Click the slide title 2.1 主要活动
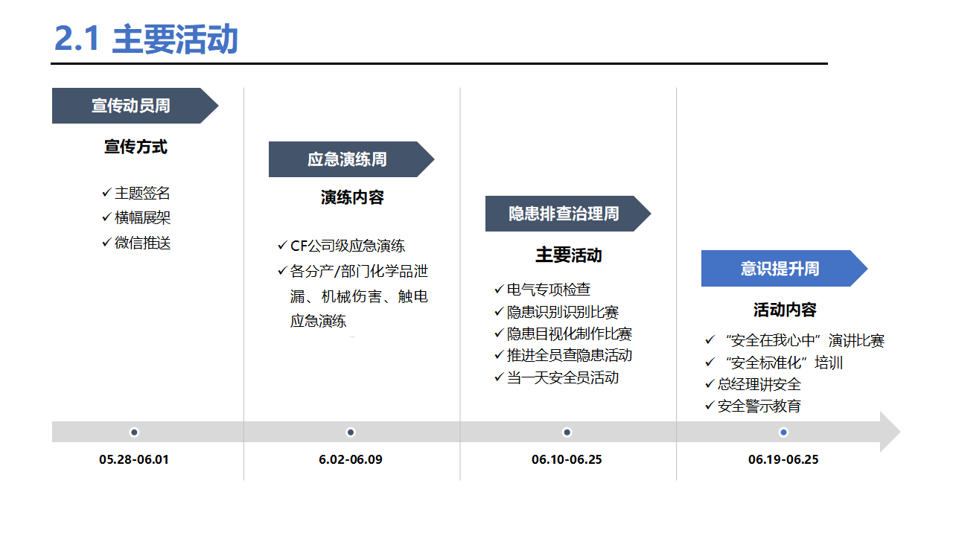[146, 39]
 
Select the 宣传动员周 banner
[136, 106]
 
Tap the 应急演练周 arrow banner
[351, 159]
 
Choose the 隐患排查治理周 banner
[568, 214]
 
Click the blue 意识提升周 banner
[784, 269]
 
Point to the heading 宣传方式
[136, 147]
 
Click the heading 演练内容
[352, 197]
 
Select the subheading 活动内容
[785, 310]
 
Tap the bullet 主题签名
[136, 193]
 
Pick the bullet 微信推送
[136, 243]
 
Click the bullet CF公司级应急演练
[341, 246]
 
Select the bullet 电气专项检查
[543, 290]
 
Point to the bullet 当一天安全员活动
[556, 377]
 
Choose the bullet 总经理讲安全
[753, 384]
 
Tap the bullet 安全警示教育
[753, 406]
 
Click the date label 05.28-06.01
[134, 459]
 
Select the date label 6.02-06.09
[351, 459]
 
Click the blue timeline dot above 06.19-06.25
[783, 433]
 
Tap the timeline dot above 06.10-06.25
[567, 433]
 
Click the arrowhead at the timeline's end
[900, 432]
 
